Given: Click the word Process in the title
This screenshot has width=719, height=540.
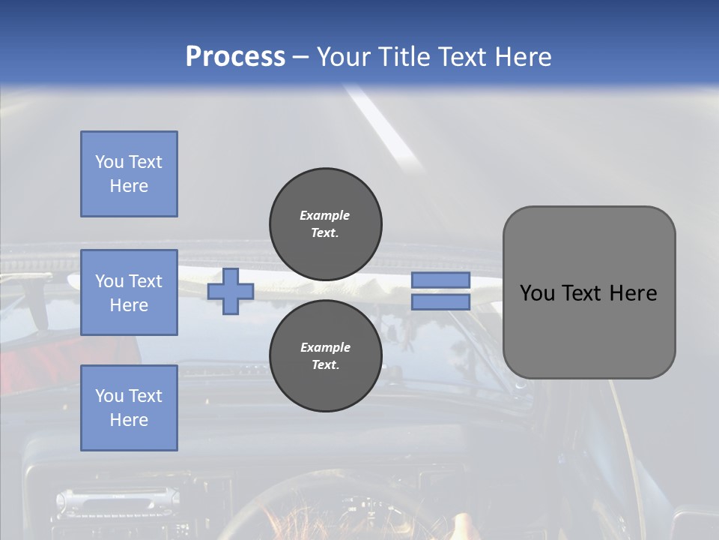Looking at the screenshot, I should coord(235,57).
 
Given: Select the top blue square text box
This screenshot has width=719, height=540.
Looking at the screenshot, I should coord(129,174).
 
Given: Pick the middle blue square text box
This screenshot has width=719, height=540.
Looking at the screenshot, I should coord(129,292).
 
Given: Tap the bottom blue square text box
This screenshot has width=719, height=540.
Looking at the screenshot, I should coord(129,407).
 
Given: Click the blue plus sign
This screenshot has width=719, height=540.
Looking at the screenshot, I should coord(231,291).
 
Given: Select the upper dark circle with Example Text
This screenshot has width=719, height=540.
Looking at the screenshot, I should coord(325,223).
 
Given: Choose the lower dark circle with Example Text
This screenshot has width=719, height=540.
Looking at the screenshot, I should coord(325,355).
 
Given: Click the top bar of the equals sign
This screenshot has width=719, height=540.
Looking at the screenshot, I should coord(440,280).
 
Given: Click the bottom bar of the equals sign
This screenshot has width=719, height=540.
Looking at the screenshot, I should coord(440,302).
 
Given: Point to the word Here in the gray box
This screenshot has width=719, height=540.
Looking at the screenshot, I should coord(633,293).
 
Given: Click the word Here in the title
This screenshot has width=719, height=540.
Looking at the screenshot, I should coord(524,57).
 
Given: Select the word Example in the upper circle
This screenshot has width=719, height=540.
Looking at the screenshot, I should coord(325,215).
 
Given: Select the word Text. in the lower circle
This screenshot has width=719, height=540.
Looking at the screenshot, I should coord(325,364).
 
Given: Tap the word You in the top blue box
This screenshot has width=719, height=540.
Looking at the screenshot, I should coord(109,162).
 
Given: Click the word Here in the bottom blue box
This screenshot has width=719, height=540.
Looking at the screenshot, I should coord(129,420).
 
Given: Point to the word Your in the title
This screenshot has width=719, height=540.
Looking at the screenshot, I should coord(344,57).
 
